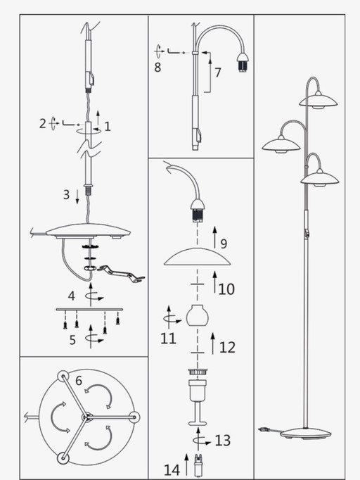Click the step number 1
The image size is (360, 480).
(108, 127)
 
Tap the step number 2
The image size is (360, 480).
(43, 124)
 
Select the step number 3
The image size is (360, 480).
(66, 194)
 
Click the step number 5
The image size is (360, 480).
(72, 341)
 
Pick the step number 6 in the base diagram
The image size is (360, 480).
(79, 381)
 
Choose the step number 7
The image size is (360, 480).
(218, 72)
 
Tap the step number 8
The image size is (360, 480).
(157, 68)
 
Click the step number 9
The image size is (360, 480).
(224, 244)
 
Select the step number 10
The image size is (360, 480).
(226, 289)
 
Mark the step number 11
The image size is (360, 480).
(168, 339)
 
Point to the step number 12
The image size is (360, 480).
(227, 346)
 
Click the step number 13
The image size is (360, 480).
(223, 441)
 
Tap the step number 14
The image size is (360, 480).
(172, 469)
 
